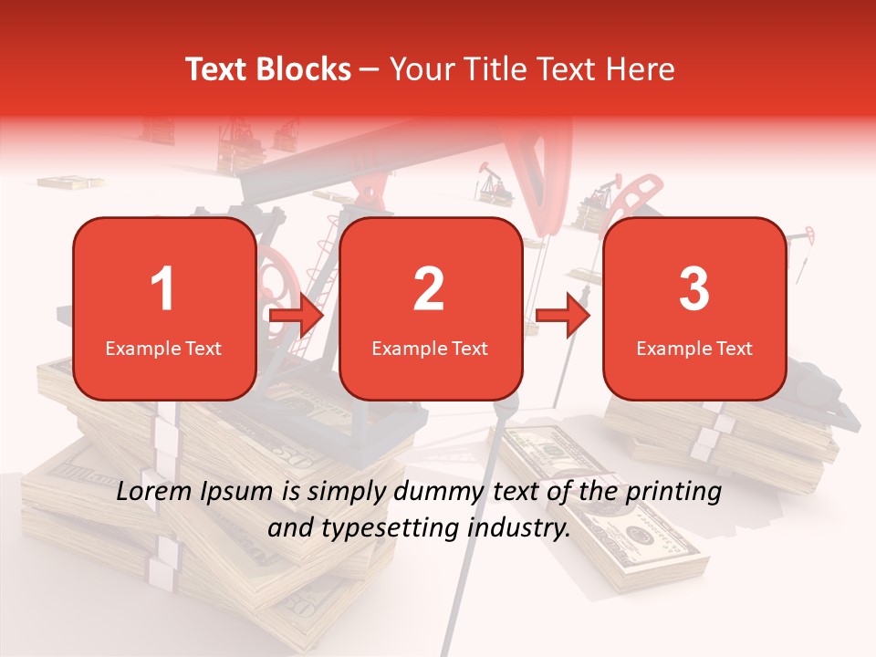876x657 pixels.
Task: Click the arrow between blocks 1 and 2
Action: (297, 317)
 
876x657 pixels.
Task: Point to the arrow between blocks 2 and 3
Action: (563, 317)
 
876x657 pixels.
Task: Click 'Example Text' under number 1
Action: (163, 348)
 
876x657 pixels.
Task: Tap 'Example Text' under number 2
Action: (430, 348)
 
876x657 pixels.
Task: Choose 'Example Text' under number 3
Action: (694, 348)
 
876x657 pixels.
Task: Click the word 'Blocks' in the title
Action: (302, 69)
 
